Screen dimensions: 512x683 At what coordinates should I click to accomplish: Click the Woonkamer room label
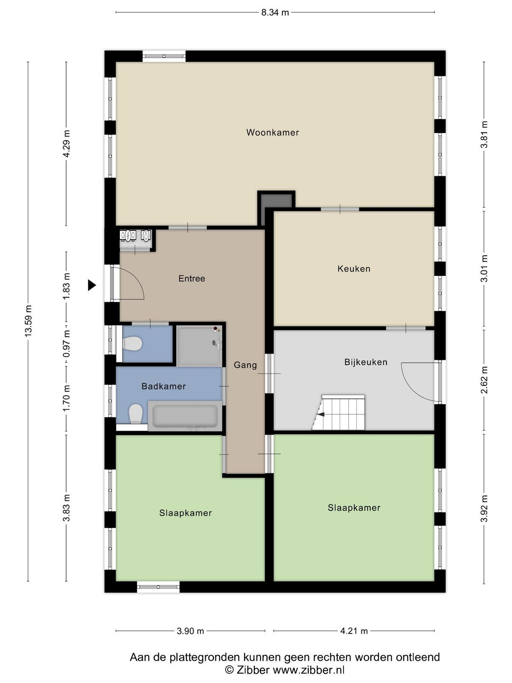(x=272, y=133)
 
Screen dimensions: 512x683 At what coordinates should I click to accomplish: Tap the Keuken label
(x=354, y=269)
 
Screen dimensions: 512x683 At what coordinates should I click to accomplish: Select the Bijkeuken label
(x=366, y=362)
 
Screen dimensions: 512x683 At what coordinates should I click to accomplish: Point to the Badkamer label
(x=163, y=386)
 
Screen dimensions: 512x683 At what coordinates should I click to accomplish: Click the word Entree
(x=192, y=278)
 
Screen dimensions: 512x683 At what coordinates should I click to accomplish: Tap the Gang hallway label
(x=245, y=365)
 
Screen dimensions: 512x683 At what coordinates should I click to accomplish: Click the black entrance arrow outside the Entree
(x=92, y=285)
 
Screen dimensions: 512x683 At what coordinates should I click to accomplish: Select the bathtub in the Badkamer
(x=185, y=416)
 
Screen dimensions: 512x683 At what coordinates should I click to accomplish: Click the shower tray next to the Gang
(x=200, y=346)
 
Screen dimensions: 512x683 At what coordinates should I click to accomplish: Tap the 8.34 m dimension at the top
(x=275, y=13)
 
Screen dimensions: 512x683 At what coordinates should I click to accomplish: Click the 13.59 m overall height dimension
(x=28, y=321)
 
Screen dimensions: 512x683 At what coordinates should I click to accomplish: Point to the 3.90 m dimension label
(x=190, y=631)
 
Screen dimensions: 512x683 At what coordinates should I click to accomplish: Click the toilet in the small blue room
(x=133, y=344)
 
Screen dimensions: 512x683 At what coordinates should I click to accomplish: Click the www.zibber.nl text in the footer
(x=308, y=670)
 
